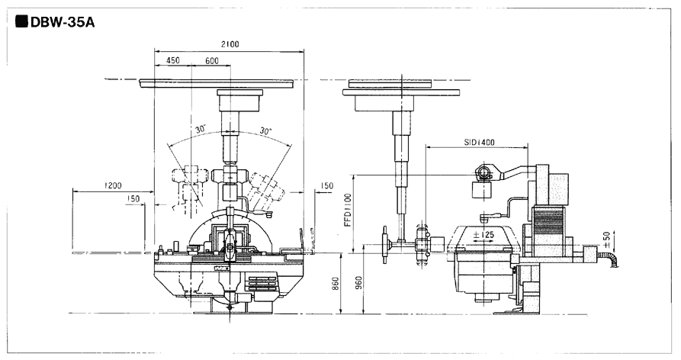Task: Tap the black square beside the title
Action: [x=21, y=21]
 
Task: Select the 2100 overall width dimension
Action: [x=230, y=44]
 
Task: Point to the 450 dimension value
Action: [x=172, y=60]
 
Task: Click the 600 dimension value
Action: [x=211, y=60]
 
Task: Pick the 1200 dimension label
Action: [x=113, y=185]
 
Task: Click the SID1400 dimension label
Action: [x=479, y=143]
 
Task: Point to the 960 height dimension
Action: [x=358, y=284]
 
